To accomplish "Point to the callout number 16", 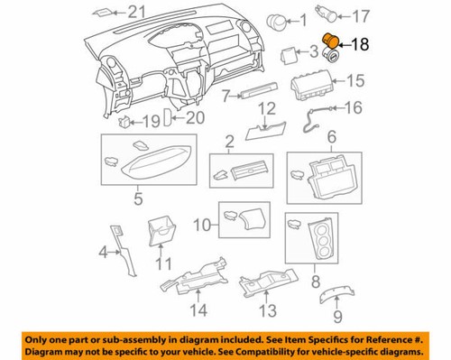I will [352, 107].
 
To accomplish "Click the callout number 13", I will [264, 311].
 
